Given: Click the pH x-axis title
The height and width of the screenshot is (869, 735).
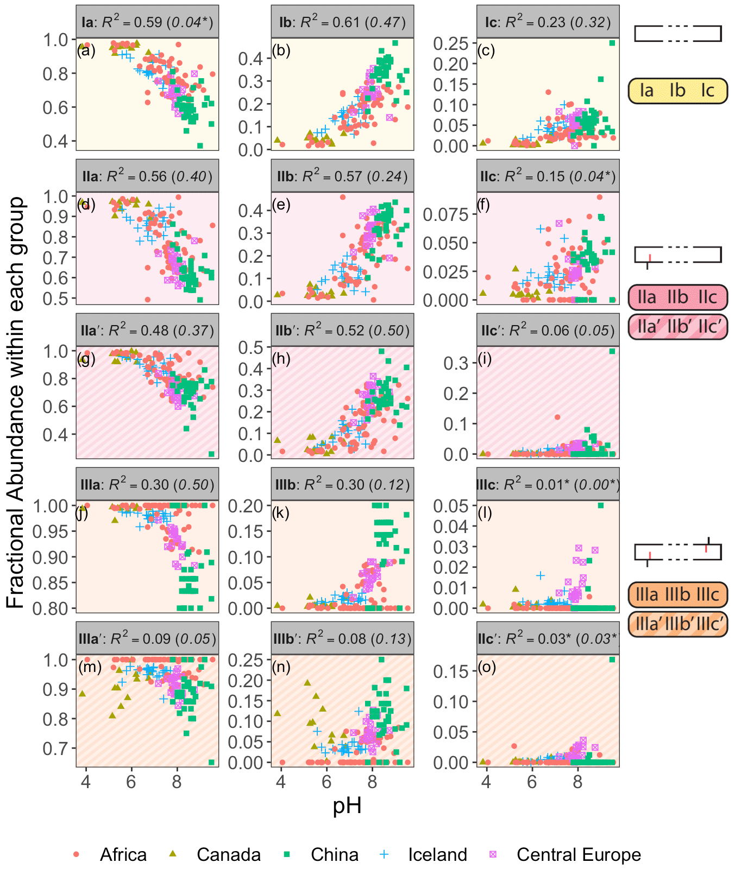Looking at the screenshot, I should [347, 805].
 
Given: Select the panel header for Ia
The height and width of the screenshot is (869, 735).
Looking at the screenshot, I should [147, 22].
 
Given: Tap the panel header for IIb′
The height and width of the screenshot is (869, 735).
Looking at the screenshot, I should [342, 330].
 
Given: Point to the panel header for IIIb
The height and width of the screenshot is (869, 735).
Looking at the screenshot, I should [342, 484].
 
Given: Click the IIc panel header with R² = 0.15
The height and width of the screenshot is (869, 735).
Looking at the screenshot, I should [548, 176].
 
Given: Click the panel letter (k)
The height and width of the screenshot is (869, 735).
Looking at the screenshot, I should [281, 512].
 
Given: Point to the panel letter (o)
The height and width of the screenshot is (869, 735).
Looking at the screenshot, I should [487, 667].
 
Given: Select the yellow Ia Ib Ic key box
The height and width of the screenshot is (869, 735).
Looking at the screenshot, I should [677, 91].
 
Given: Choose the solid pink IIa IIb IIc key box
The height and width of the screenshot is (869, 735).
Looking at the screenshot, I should [677, 297].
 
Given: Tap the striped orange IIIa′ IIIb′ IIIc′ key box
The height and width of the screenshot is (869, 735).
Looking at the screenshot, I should [677, 624].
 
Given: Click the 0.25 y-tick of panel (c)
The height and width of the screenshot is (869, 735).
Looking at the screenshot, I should [451, 43].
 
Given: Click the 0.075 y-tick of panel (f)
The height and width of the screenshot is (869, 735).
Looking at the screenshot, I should [445, 214].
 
